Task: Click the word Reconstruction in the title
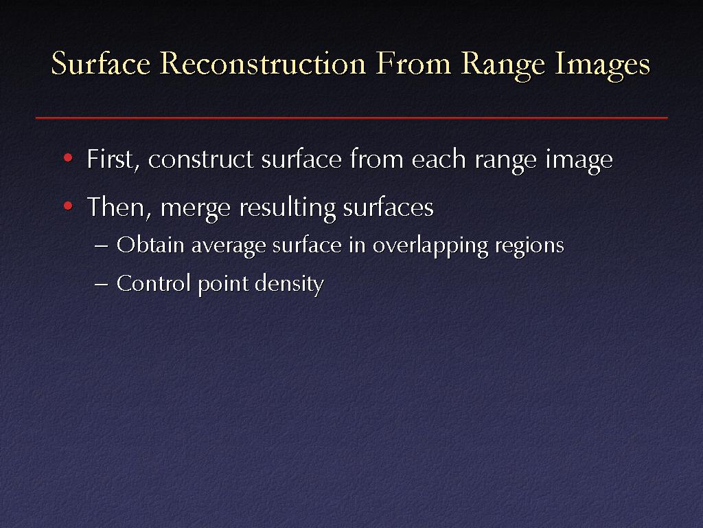click(263, 63)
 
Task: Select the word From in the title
click(413, 63)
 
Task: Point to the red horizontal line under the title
click(351, 118)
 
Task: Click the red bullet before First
click(68, 157)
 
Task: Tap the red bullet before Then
click(68, 206)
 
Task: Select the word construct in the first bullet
click(201, 159)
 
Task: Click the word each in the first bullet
click(439, 159)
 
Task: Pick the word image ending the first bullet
click(579, 162)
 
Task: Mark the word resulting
click(288, 208)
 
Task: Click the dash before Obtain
click(102, 247)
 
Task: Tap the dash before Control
click(102, 285)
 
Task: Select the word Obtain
click(150, 245)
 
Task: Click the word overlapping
click(430, 246)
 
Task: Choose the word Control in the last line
click(153, 283)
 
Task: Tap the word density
click(289, 285)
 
